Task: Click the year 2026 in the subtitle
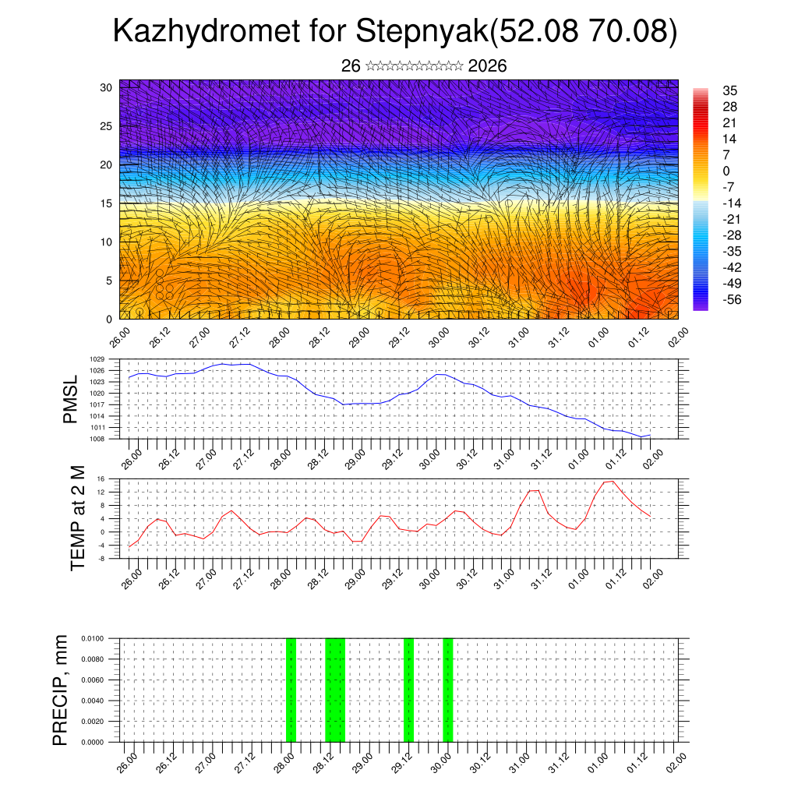488,66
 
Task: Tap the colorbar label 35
730,91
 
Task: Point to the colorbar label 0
726,171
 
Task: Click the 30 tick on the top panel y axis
107,87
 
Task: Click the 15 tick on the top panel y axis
107,203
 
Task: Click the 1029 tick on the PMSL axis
97,359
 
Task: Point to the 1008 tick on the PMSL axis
97,440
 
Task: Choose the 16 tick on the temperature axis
101,478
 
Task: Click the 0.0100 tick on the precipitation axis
93,638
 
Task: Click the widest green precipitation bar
334,690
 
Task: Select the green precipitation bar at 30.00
447,690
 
